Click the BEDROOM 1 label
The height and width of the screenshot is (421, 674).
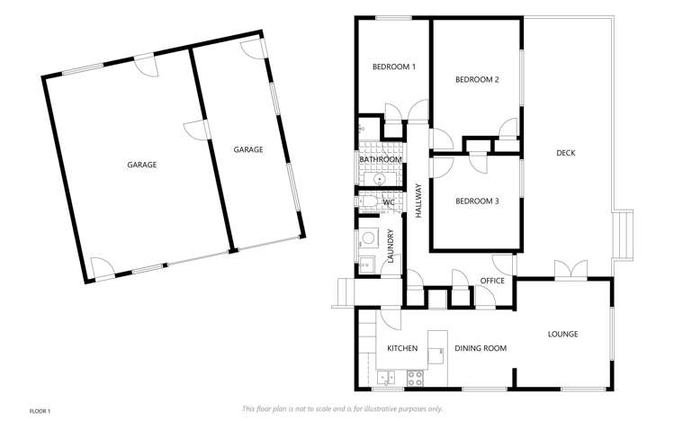click(394, 67)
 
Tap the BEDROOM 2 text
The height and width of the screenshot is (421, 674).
click(477, 80)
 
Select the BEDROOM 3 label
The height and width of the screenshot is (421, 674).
click(477, 201)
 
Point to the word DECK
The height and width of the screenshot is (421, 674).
click(565, 153)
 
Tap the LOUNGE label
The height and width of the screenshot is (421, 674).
click(562, 335)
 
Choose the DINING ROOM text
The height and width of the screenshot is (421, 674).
click(481, 348)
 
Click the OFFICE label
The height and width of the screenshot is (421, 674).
click(492, 281)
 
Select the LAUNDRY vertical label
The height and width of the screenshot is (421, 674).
click(391, 245)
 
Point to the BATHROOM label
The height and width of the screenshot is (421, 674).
click(381, 159)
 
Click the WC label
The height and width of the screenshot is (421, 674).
click(389, 202)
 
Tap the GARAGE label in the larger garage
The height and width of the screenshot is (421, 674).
click(142, 165)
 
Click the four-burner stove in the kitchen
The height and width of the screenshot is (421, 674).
click(415, 377)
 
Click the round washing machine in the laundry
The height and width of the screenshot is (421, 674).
click(368, 239)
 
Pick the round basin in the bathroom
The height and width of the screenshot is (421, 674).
click(381, 179)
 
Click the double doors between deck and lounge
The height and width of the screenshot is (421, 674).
click(570, 269)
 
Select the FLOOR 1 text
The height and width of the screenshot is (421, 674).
click(40, 411)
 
